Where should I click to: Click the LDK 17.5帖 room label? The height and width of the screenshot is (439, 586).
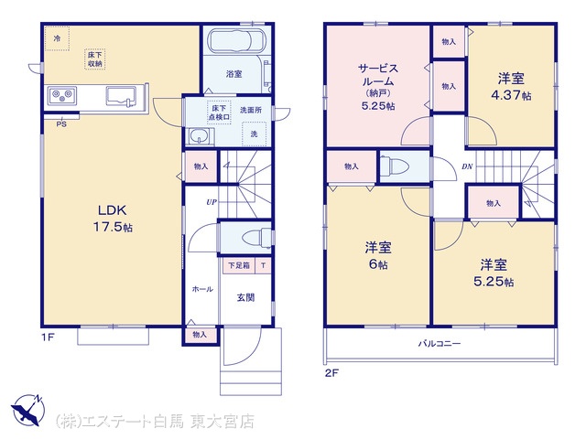113,219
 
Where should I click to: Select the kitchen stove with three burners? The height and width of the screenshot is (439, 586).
62,96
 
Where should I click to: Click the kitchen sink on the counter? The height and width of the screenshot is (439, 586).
121,96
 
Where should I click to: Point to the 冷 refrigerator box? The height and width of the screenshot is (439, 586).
57,38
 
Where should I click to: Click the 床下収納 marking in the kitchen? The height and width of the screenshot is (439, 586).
95,59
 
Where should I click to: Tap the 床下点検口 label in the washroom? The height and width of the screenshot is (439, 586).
219,112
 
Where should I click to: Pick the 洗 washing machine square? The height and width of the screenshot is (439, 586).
255,134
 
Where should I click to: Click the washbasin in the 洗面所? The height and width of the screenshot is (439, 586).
200,136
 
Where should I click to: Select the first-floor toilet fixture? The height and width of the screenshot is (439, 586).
256,238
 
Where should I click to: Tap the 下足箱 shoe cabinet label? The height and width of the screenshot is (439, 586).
239,265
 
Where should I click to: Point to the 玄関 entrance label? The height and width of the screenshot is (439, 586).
246,297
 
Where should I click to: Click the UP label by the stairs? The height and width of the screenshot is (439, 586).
212,202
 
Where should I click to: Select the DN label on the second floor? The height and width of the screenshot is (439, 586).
467,166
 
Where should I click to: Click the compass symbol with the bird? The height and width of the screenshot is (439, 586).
27,410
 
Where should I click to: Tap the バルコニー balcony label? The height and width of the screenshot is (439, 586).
439,344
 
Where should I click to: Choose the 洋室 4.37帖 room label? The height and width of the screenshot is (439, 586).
511,87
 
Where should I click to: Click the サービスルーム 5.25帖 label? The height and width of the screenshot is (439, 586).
378,87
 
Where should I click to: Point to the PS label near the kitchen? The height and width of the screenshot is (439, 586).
61,124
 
